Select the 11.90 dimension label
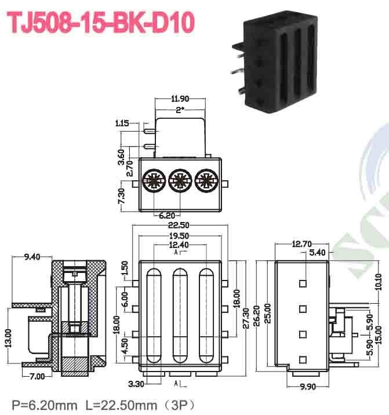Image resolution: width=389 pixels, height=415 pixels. (x=180, y=99)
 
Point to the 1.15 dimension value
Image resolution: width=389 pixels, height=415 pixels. (x=122, y=123)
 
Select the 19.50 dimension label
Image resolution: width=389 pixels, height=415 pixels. (x=180, y=237)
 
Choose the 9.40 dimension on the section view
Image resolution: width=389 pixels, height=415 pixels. (x=32, y=257)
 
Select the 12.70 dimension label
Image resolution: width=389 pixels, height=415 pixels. (x=301, y=244)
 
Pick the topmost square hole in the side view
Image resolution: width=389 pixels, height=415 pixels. (x=303, y=283)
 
